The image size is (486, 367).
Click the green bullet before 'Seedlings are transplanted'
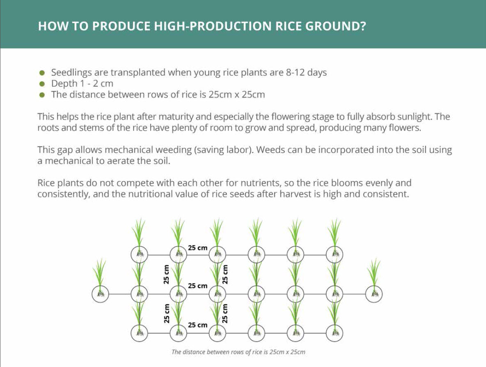pyautogui.click(x=42, y=73)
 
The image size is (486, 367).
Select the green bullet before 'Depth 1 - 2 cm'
pyautogui.click(x=42, y=84)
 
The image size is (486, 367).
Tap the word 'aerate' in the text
pyautogui.click(x=122, y=161)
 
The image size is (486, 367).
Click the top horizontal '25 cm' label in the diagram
pyautogui.click(x=197, y=248)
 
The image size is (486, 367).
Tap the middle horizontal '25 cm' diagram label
pyautogui.click(x=197, y=286)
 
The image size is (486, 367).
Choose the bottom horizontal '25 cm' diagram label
pyautogui.click(x=197, y=325)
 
